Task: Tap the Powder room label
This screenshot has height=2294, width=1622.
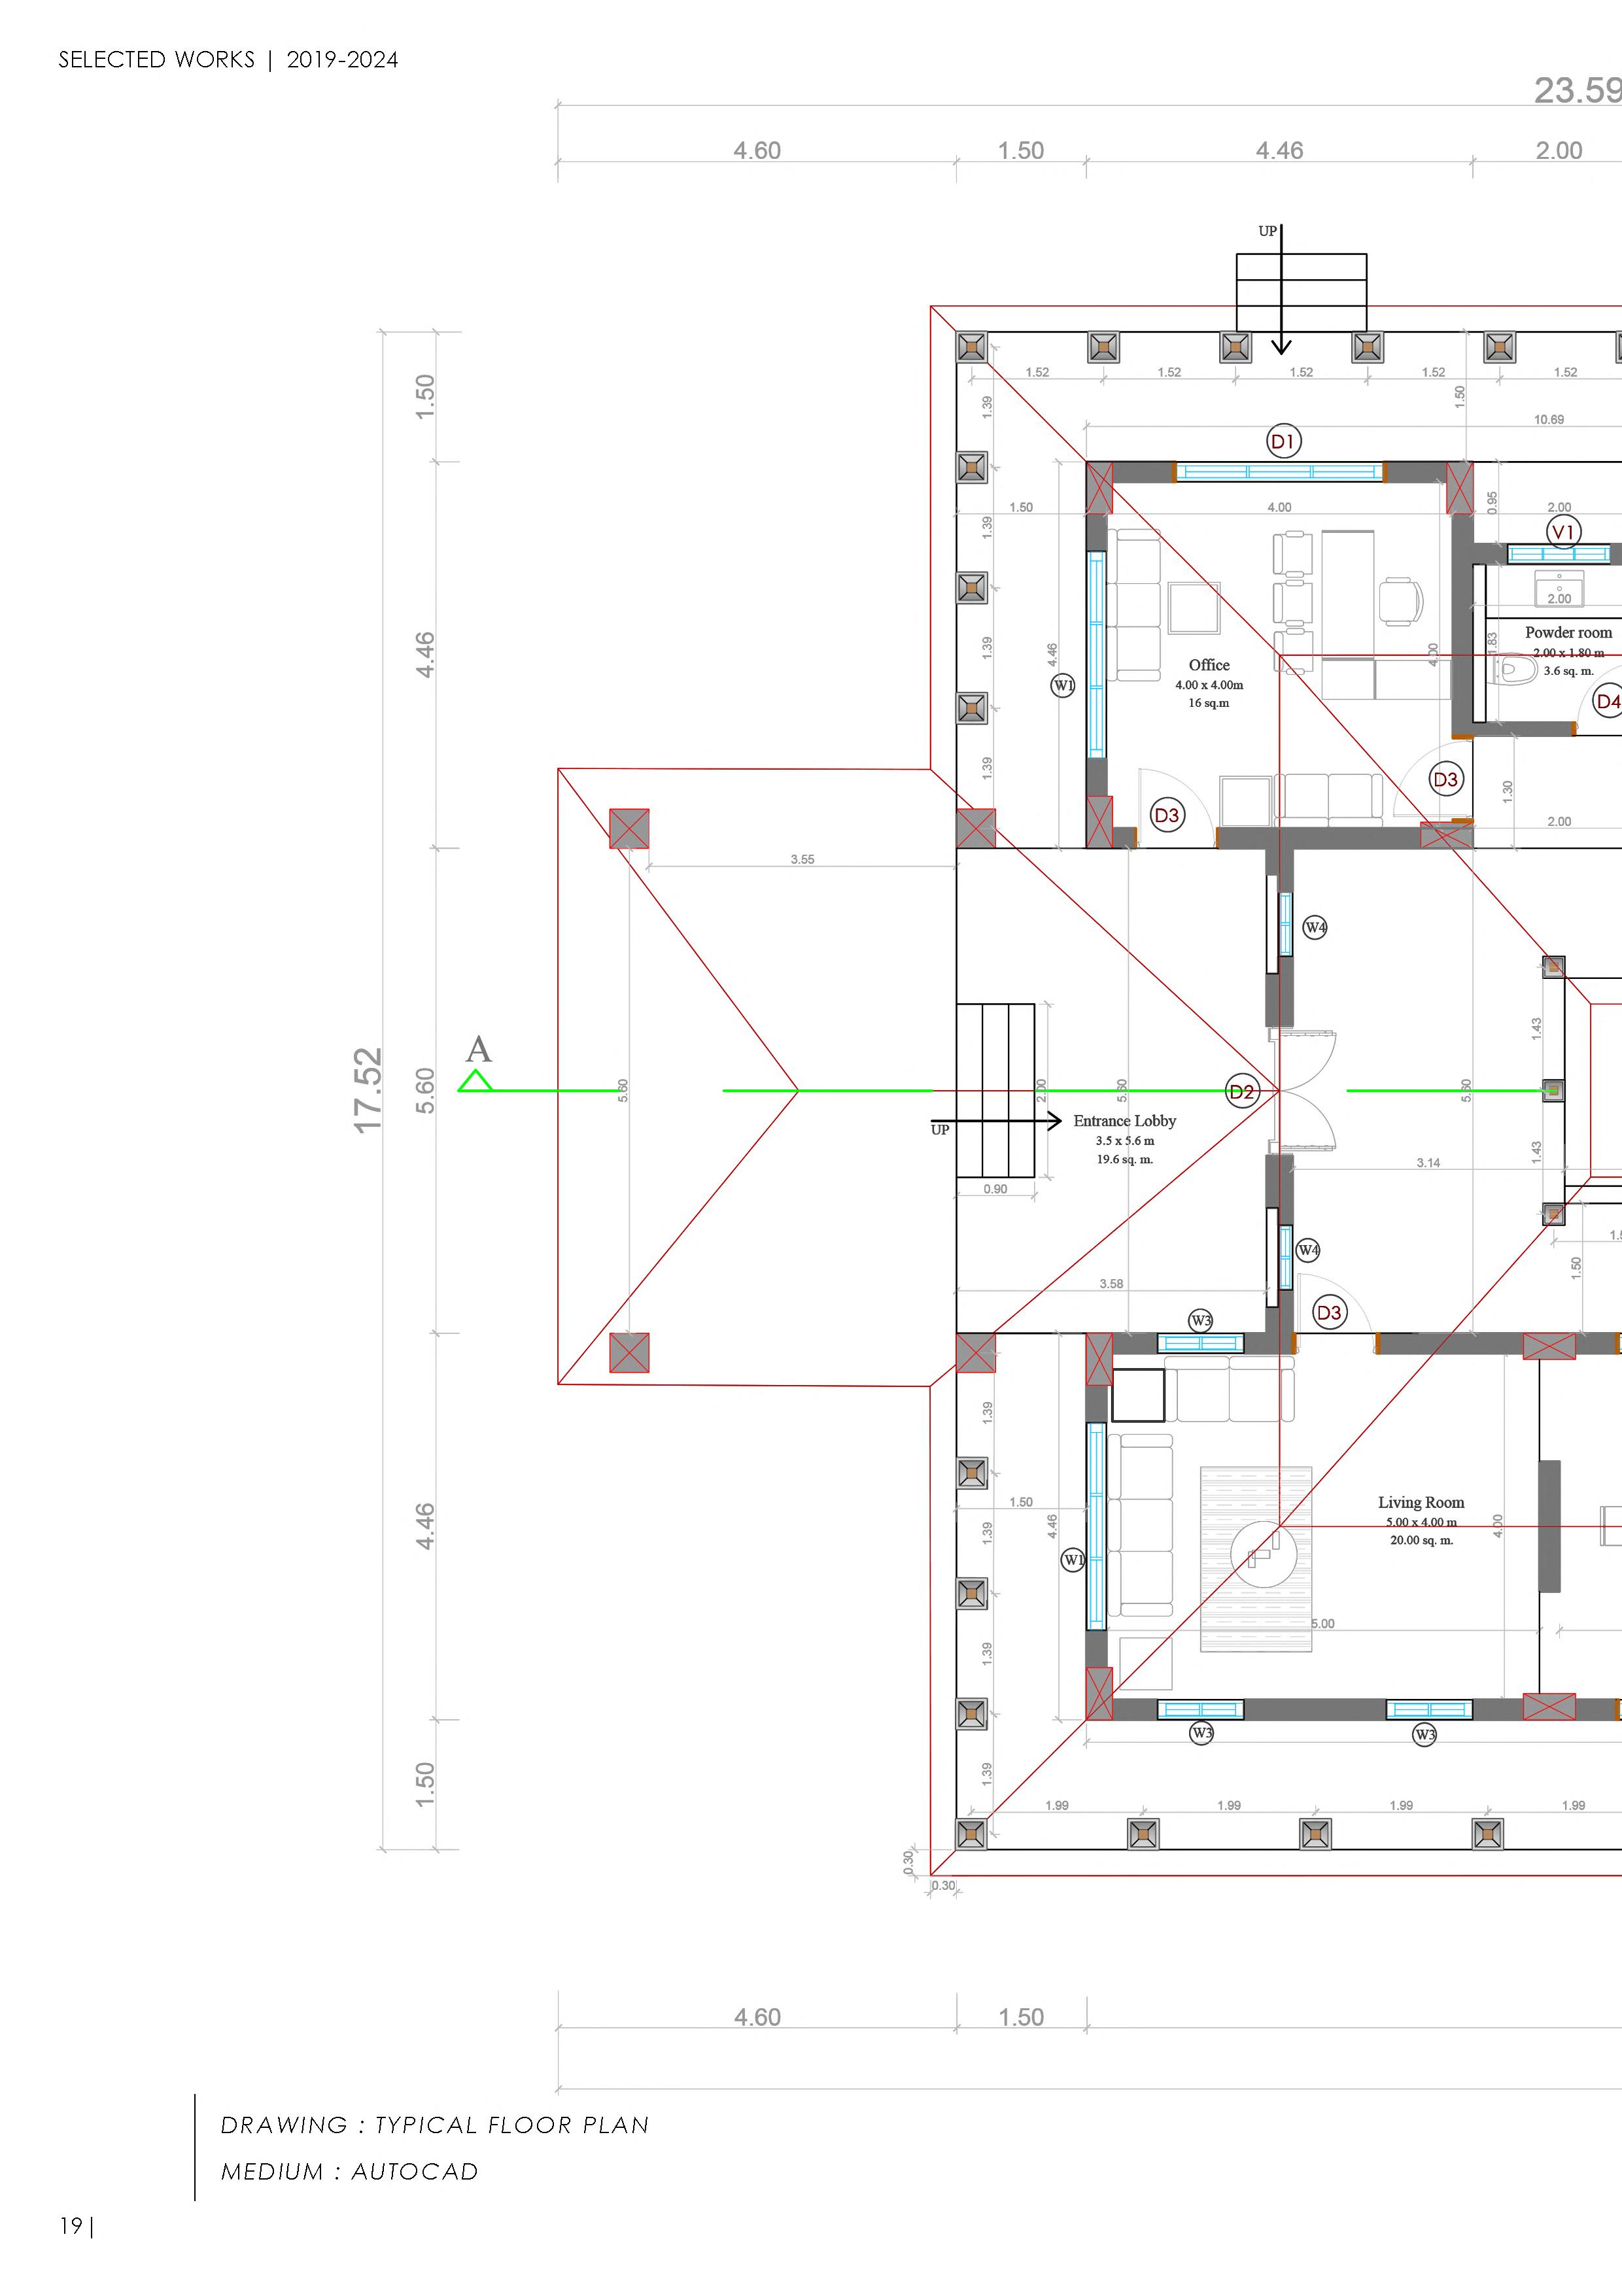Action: pos(1567,632)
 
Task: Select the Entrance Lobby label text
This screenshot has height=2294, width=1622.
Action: pos(1124,1121)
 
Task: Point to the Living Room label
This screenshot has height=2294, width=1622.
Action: pos(1420,1503)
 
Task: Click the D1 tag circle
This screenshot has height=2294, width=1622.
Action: pos(1283,441)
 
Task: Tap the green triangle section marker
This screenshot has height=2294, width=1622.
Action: pos(475,1081)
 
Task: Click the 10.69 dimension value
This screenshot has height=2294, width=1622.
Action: pos(1548,420)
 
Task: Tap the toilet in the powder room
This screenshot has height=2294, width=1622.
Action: pos(1517,668)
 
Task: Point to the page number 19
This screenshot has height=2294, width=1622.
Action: pos(71,2226)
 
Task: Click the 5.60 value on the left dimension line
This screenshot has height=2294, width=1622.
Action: pos(424,1090)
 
